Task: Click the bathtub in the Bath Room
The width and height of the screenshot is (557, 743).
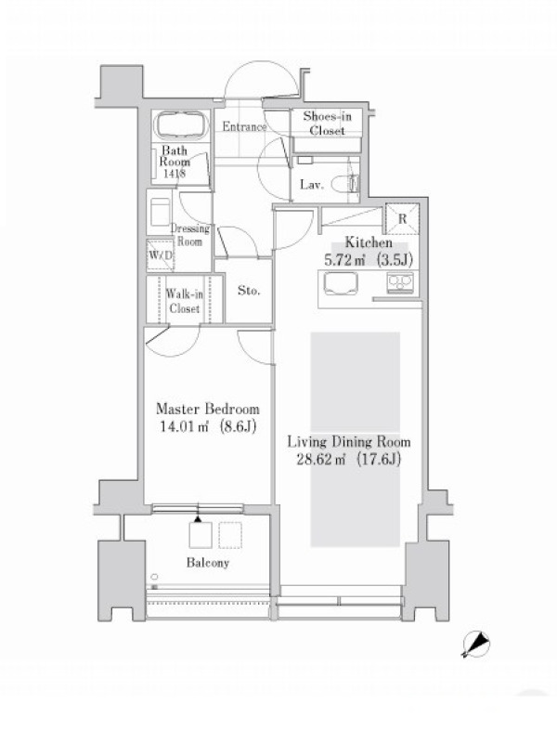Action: pyautogui.click(x=182, y=125)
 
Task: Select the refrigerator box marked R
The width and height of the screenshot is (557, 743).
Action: pyautogui.click(x=402, y=218)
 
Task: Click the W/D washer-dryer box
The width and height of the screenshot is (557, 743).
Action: pyautogui.click(x=160, y=254)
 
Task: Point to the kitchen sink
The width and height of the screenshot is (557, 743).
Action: pyautogui.click(x=341, y=284)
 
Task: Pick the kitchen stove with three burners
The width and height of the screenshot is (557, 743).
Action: pyautogui.click(x=400, y=283)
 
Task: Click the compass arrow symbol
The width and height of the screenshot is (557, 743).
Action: pyautogui.click(x=476, y=645)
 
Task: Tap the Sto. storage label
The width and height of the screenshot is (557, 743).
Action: pyautogui.click(x=249, y=291)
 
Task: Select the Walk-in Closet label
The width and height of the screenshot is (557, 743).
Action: pyautogui.click(x=184, y=301)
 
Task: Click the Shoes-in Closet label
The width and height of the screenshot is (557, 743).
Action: pyautogui.click(x=327, y=124)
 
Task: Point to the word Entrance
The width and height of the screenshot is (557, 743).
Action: pyautogui.click(x=244, y=126)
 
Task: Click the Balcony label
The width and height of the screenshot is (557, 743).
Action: pyautogui.click(x=207, y=563)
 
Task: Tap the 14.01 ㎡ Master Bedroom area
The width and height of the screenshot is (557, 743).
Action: pyautogui.click(x=208, y=426)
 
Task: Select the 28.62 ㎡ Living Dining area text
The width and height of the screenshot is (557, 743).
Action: pyautogui.click(x=349, y=459)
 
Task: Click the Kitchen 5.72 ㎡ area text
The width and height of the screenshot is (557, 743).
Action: pyautogui.click(x=369, y=260)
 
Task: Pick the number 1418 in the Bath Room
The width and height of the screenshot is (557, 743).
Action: pyautogui.click(x=175, y=174)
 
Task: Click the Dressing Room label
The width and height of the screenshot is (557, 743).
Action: pyautogui.click(x=190, y=235)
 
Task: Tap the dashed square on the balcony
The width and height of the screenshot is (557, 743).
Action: pyautogui.click(x=230, y=535)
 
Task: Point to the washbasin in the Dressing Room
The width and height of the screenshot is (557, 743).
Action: pyautogui.click(x=160, y=212)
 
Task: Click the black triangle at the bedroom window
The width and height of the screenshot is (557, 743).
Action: pyautogui.click(x=198, y=519)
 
